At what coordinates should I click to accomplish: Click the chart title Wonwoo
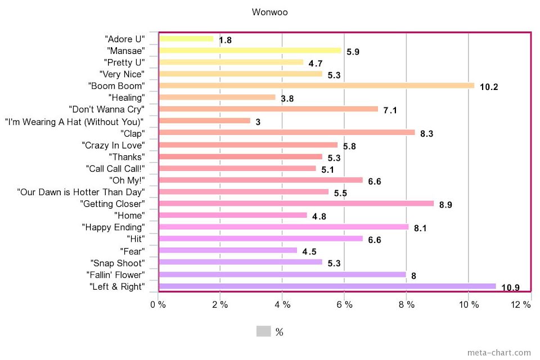(270, 12)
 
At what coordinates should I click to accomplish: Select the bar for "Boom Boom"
(317, 85)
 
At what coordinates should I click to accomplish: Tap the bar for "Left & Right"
(327, 286)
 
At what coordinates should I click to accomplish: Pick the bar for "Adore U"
(187, 39)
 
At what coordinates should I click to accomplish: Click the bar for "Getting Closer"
(296, 204)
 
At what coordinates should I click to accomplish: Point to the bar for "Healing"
(218, 97)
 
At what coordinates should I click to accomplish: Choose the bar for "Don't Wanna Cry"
(269, 109)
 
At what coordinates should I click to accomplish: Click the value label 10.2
(489, 87)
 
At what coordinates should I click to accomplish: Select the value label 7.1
(390, 110)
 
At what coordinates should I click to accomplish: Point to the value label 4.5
(309, 251)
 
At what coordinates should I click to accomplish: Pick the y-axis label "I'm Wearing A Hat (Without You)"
(74, 121)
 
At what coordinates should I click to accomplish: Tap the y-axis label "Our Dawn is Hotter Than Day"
(81, 192)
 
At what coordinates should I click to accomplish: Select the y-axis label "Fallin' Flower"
(116, 274)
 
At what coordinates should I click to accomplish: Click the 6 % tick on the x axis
(344, 305)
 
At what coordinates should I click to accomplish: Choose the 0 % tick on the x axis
(157, 305)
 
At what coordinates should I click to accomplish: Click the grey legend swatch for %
(263, 331)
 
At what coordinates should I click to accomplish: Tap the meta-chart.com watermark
(499, 353)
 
